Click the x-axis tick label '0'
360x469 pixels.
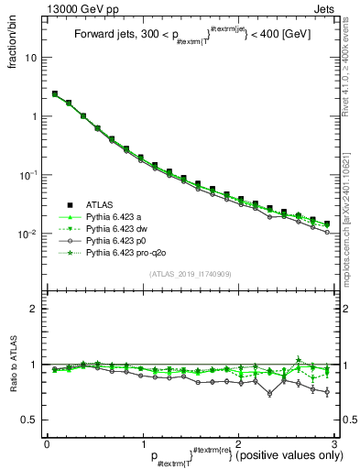47,442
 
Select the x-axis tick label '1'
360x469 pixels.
142,442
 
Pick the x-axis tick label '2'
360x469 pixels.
238,442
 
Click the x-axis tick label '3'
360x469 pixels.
333,442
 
